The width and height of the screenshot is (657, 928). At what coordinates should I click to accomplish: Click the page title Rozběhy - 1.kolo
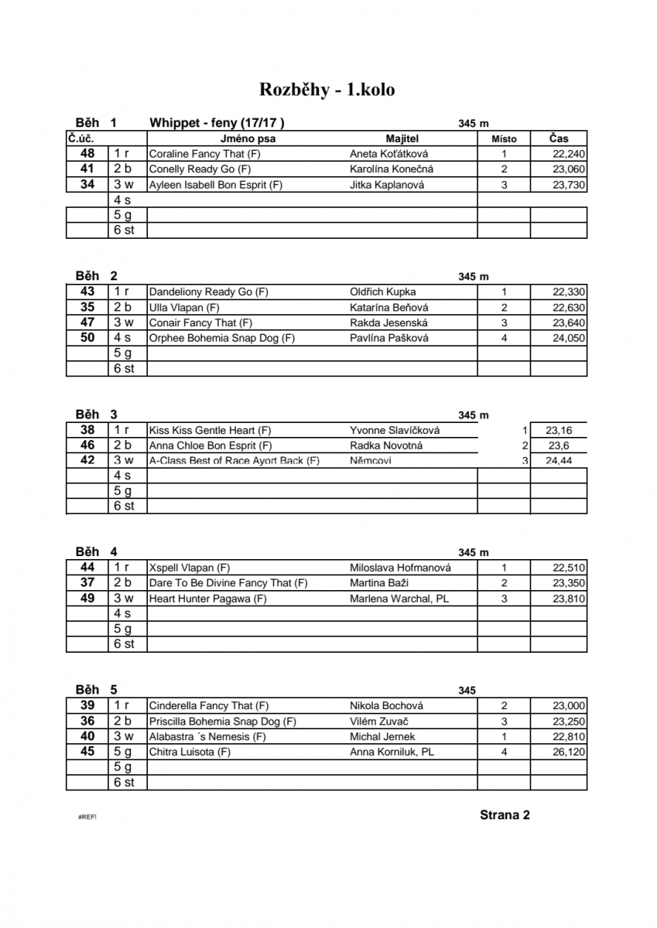click(327, 90)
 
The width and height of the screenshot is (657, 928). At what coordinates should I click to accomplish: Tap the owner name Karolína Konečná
click(392, 169)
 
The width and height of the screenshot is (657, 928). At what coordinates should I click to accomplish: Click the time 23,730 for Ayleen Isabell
click(569, 185)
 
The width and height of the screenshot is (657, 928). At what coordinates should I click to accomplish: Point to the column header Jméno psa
click(248, 138)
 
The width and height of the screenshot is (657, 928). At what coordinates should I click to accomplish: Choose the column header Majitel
click(400, 138)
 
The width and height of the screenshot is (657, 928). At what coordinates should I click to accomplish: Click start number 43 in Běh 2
click(87, 292)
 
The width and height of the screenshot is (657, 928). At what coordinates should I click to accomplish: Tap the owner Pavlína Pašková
click(388, 338)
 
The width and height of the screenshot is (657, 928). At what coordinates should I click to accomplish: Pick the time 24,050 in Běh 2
click(569, 338)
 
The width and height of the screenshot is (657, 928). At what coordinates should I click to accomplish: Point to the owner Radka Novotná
click(386, 445)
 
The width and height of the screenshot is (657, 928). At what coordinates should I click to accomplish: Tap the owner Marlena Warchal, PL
click(399, 599)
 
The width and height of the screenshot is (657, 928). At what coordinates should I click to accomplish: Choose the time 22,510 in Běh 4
click(569, 568)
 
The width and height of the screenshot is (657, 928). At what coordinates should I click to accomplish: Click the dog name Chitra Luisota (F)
click(190, 752)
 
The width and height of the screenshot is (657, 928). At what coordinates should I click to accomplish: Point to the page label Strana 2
click(505, 814)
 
